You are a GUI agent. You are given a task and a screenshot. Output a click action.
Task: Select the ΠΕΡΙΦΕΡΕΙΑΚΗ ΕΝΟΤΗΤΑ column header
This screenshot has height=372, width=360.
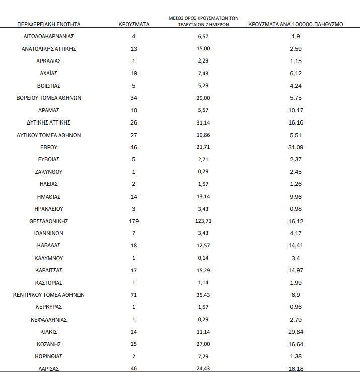(48, 24)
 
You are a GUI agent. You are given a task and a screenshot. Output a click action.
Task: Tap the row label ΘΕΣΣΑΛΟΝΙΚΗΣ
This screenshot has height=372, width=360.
(48, 221)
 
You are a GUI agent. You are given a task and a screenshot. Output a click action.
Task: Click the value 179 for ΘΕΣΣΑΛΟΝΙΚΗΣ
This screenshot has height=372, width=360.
(133, 221)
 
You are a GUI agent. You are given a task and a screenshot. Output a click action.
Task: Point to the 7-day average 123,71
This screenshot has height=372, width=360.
(203, 221)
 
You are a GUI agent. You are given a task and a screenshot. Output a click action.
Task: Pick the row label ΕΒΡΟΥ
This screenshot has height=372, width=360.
(48, 147)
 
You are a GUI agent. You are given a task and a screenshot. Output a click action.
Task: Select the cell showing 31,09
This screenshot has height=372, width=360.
(296, 147)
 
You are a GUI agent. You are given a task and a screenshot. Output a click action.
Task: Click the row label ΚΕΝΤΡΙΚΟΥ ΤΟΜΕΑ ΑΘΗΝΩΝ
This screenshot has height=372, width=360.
(48, 295)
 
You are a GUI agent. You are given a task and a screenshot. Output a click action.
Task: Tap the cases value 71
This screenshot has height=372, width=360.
(133, 295)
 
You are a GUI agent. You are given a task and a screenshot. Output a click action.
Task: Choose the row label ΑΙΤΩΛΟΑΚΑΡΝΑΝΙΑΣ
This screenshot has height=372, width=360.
(48, 37)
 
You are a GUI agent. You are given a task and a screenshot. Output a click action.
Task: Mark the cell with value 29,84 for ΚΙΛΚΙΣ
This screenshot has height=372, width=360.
(296, 332)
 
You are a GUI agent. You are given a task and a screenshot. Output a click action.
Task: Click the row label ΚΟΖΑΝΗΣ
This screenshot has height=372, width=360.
(48, 344)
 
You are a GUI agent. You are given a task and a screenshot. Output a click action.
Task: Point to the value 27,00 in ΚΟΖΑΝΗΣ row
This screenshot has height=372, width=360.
(203, 344)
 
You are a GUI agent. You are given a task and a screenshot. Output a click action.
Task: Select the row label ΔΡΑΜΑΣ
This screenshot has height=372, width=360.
(48, 110)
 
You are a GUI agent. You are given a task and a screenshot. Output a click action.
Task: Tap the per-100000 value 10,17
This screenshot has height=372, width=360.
(296, 110)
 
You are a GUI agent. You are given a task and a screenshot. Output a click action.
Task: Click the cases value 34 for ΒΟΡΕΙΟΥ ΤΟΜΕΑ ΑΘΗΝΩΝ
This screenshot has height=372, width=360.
(133, 98)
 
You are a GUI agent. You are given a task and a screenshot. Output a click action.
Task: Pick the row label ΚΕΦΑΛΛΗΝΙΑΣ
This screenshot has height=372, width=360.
(48, 320)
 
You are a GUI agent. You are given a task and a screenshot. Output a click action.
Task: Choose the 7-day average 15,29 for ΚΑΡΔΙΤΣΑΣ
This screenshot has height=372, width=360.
(203, 270)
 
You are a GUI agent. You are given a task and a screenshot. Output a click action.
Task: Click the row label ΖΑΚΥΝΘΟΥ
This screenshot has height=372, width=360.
(48, 172)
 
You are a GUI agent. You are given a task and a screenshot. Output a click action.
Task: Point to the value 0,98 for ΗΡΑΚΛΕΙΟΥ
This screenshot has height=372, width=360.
(296, 209)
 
